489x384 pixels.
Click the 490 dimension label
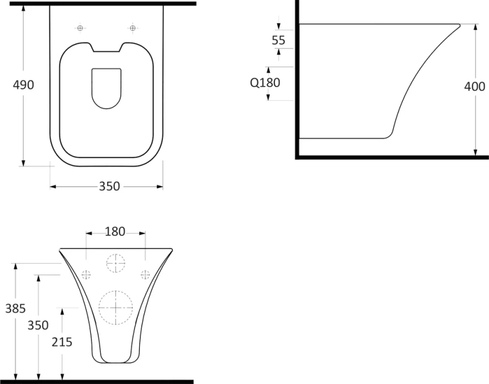pyautogui.click(x=24, y=85)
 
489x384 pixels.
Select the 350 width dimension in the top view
pyautogui.click(x=110, y=186)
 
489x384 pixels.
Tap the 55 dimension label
pyautogui.click(x=279, y=40)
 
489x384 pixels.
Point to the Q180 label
pyautogui.click(x=265, y=82)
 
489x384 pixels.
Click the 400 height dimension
pyautogui.click(x=475, y=87)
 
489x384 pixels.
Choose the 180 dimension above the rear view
pyautogui.click(x=115, y=232)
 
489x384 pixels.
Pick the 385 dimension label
pyautogui.click(x=15, y=308)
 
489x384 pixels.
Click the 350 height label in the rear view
pyautogui.click(x=38, y=325)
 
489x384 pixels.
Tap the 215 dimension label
pyautogui.click(x=62, y=343)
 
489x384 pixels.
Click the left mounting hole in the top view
pyautogui.click(x=80, y=28)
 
